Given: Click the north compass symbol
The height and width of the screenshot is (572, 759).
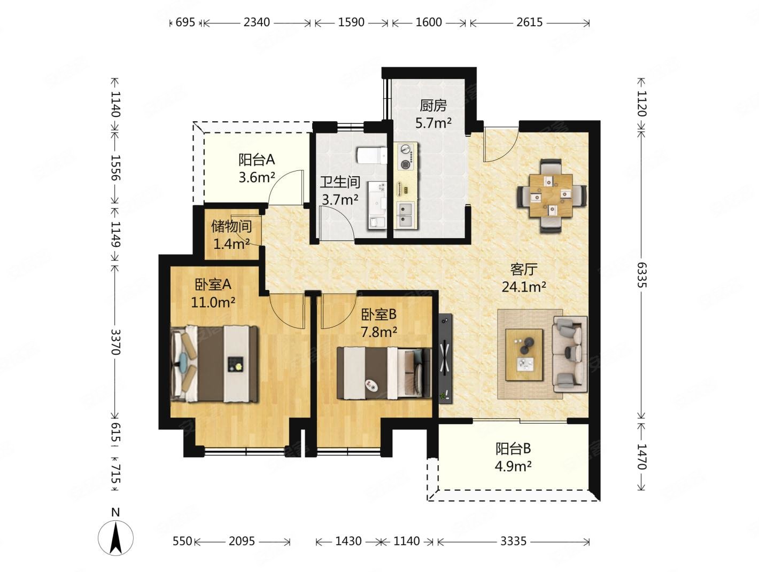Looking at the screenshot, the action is tap(116, 537).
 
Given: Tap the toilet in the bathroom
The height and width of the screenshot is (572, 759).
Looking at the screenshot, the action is tap(371, 156).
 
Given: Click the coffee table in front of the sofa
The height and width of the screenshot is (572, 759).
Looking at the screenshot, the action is tap(523, 355).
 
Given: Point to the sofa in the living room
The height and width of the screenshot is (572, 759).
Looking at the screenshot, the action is tap(570, 354).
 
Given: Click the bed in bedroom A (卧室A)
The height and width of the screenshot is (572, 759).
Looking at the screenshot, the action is tap(214, 364).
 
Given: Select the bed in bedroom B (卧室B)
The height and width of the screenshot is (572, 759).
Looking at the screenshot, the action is tap(384, 373).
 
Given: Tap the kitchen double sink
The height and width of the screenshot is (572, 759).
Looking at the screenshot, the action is tap(406, 215).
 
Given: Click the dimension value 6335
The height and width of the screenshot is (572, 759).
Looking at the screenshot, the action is tap(641, 275).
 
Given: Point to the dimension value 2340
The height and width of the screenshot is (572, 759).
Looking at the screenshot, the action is tap(257, 22).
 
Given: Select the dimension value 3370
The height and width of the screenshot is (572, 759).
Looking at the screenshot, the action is tap(115, 342).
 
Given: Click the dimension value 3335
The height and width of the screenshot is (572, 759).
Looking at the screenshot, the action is tap(513, 541).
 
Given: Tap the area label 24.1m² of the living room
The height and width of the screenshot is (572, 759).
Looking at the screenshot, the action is tap(524, 286).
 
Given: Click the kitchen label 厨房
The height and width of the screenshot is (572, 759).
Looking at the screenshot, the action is tap(433, 105).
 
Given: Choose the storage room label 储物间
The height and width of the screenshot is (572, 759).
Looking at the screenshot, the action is tap(231, 226).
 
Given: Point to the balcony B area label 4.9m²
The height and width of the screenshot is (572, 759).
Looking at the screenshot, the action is tap(513, 466).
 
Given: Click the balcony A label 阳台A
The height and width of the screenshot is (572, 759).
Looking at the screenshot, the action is tap(257, 160).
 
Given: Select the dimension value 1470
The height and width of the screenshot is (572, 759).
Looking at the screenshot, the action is tap(641, 457).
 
